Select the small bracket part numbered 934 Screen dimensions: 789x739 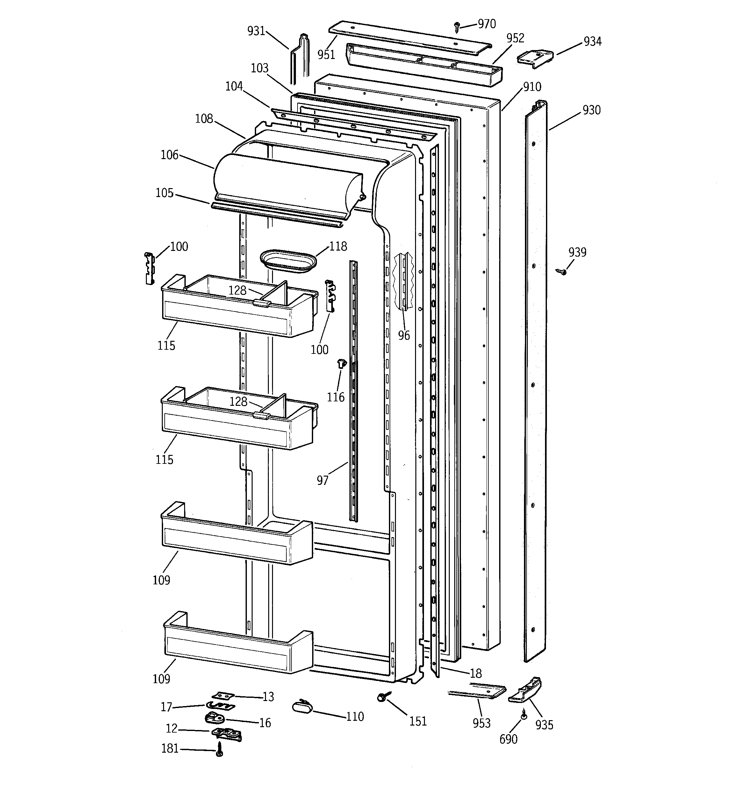point(535,59)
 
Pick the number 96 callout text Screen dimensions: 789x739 point(404,336)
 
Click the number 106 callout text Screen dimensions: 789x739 point(169,155)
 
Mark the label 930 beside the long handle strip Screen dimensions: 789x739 point(592,110)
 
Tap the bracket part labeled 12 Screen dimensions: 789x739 point(227,734)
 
